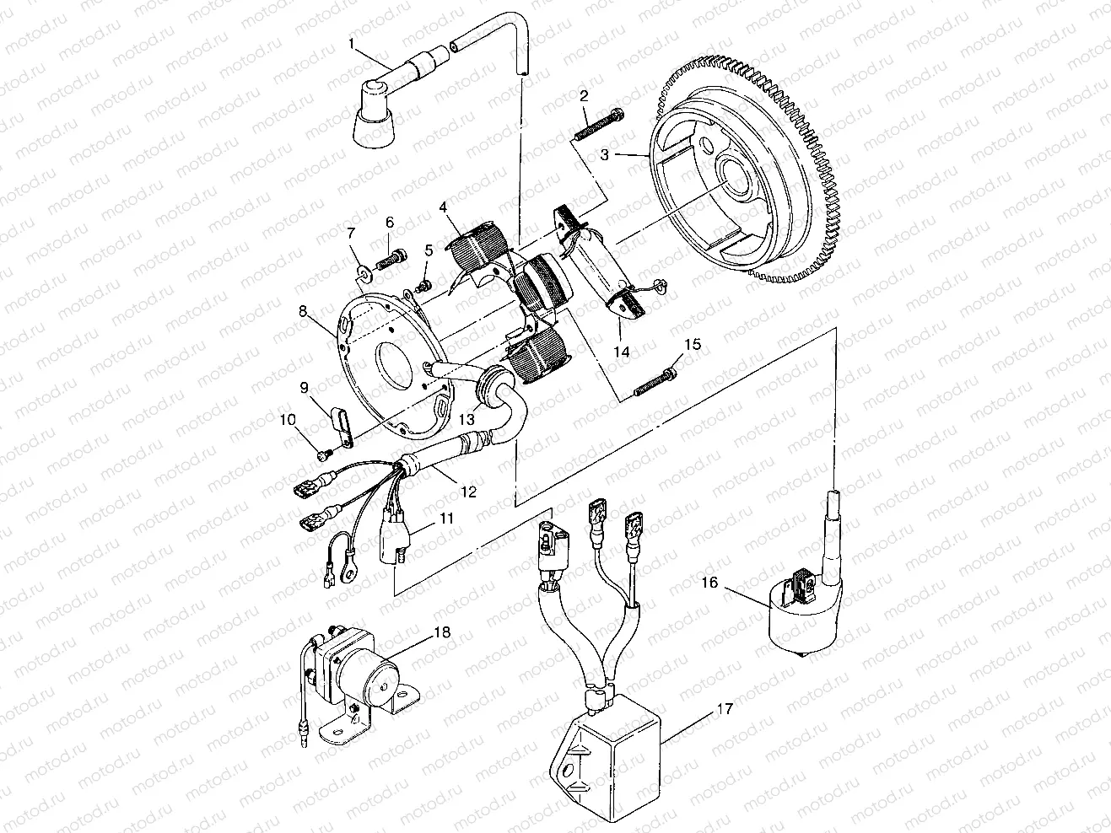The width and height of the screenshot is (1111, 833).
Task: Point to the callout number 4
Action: click(x=442, y=206)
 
